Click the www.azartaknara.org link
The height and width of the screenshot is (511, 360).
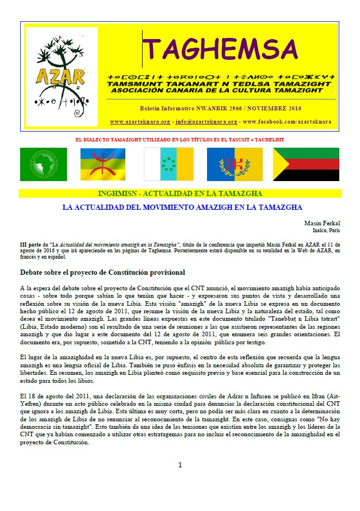[140, 122]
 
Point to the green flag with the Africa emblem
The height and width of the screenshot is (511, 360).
[43, 164]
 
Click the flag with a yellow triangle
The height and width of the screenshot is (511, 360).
[306, 164]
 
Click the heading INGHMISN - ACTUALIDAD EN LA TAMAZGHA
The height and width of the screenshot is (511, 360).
[181, 193]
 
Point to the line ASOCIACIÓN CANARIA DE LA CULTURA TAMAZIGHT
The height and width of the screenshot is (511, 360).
[221, 90]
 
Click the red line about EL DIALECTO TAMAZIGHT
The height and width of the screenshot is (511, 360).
[180, 140]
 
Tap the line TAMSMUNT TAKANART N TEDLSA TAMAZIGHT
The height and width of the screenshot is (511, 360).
[221, 84]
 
